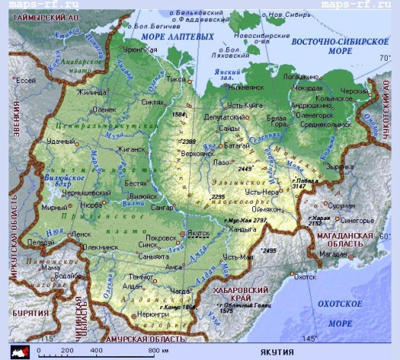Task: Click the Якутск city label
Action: pos(198,233)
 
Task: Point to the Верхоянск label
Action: pos(193,153)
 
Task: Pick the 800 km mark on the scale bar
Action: pos(156,351)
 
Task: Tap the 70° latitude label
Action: pos(385,58)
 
